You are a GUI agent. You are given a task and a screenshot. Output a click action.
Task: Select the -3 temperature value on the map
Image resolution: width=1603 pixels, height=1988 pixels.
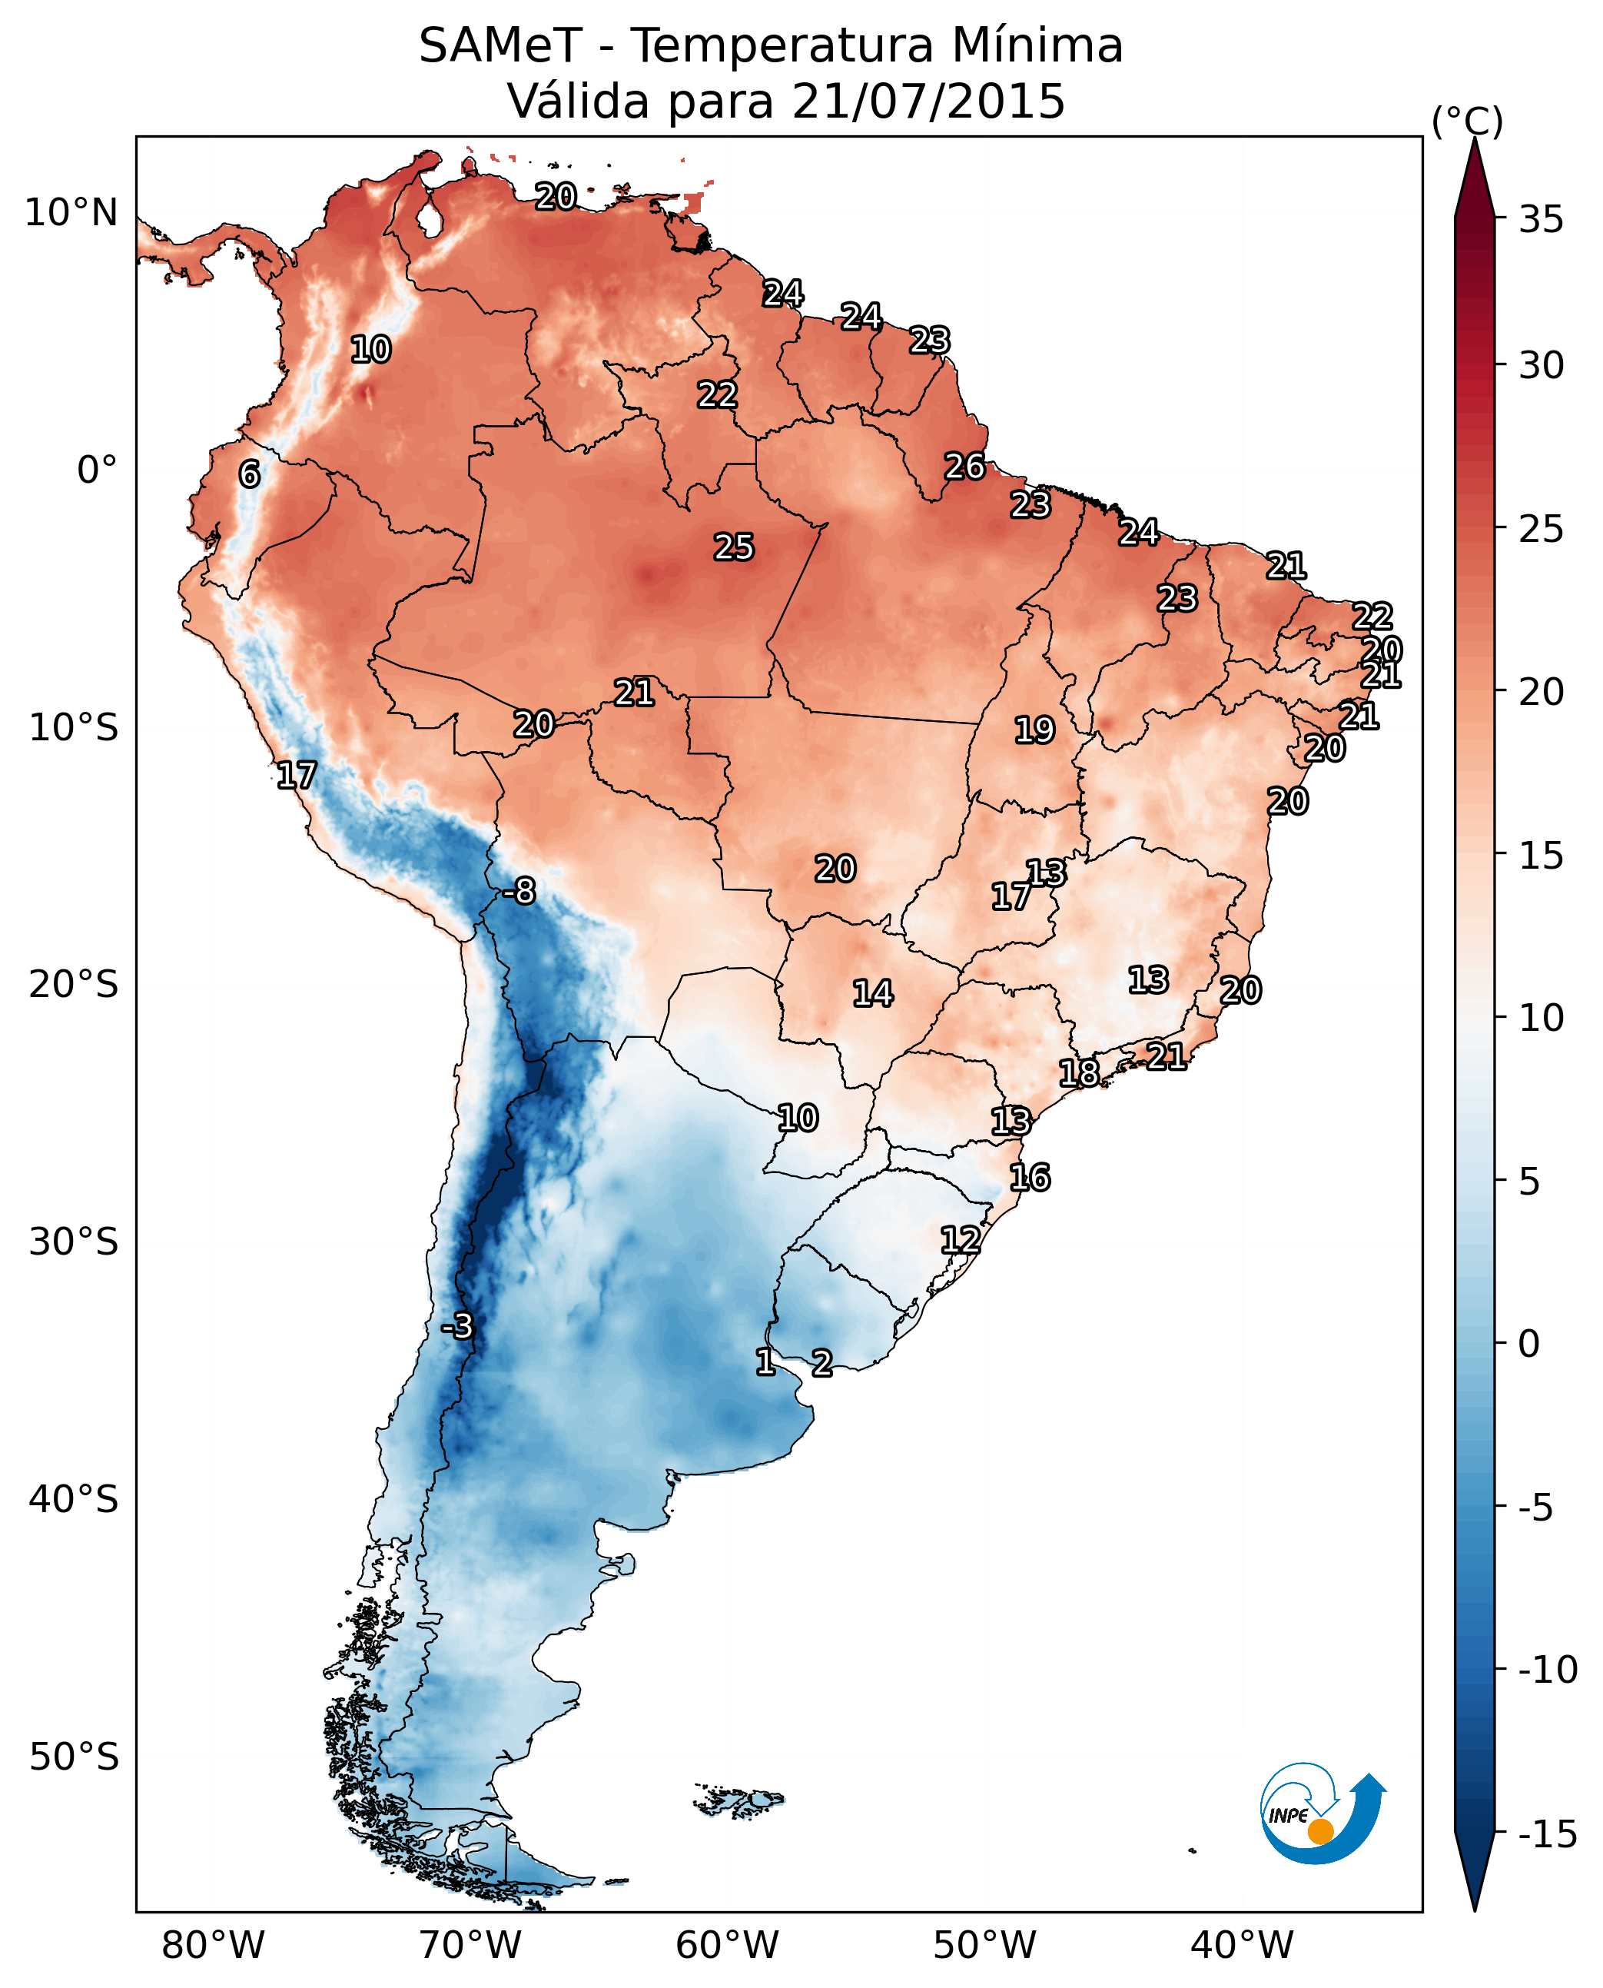tap(456, 1325)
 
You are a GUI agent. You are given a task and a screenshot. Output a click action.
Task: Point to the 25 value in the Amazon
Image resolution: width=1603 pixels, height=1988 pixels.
tap(734, 547)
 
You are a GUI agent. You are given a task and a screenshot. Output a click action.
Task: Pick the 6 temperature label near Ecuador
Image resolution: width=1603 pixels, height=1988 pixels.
tap(249, 474)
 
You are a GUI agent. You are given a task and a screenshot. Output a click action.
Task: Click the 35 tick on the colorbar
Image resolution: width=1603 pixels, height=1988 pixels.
tap(1541, 220)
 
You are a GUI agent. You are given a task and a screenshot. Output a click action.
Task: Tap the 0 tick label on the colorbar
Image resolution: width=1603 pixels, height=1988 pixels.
tap(1529, 1343)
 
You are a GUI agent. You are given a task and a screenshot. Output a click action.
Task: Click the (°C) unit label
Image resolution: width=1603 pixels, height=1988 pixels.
tap(1467, 121)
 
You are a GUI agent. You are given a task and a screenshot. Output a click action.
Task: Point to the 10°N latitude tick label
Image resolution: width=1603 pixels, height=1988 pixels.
tap(71, 214)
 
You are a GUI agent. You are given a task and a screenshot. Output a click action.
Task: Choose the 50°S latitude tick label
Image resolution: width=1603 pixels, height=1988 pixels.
tap(74, 1755)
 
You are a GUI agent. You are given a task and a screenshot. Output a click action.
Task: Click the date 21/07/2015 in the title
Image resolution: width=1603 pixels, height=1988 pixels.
tap(928, 101)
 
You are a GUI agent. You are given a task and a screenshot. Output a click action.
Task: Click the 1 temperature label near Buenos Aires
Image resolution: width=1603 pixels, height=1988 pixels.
tap(765, 1361)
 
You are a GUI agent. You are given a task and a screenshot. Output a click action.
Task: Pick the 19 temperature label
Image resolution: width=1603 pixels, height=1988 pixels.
tap(1034, 730)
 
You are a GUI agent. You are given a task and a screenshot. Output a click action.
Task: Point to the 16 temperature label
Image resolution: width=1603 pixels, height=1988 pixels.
tap(1030, 1178)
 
